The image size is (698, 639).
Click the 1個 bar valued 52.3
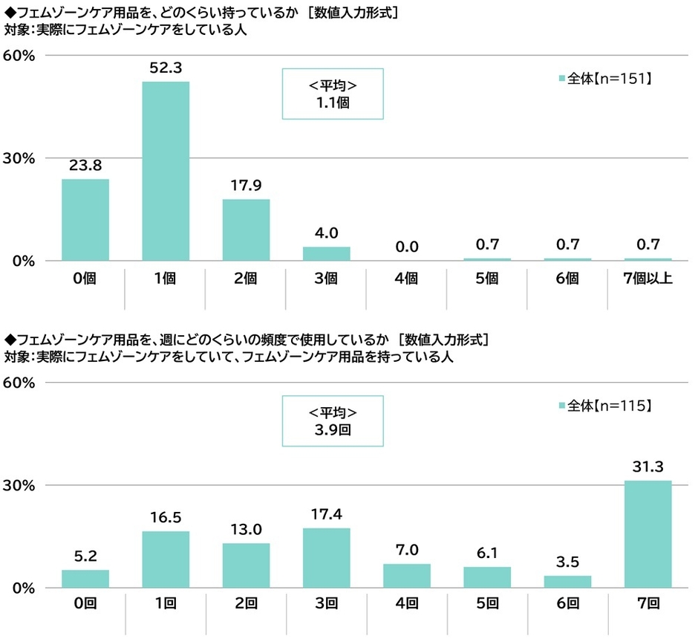click(x=166, y=171)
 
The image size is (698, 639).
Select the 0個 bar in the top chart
click(x=85, y=220)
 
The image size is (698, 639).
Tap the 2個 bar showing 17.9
click(x=246, y=230)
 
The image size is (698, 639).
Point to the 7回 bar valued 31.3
click(x=648, y=534)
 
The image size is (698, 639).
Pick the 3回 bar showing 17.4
click(x=326, y=558)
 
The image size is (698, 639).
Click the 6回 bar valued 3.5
click(x=567, y=581)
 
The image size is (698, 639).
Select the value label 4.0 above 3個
click(x=326, y=234)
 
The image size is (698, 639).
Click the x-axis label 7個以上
click(x=648, y=279)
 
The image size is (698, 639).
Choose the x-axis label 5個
click(x=487, y=279)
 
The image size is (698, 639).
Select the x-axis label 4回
click(x=406, y=606)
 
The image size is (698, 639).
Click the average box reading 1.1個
click(x=333, y=94)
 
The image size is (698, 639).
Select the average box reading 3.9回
click(x=333, y=421)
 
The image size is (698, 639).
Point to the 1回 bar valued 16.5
click(x=166, y=559)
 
